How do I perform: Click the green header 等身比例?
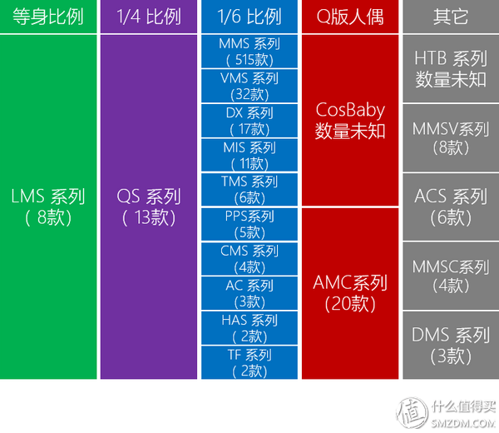[48, 17]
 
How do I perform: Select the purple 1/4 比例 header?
[149, 17]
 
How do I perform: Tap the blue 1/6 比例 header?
[249, 17]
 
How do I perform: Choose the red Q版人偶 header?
[350, 17]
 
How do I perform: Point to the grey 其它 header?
[451, 17]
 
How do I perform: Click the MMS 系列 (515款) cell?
[249, 52]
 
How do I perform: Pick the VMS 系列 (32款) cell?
[249, 86]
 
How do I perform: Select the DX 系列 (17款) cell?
[249, 121]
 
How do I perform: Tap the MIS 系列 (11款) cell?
[249, 155]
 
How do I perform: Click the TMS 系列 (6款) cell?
[249, 190]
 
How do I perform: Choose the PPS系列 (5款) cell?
[249, 224]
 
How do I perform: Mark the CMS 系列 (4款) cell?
[249, 259]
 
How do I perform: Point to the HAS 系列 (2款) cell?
[249, 328]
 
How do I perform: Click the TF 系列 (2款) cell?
[249, 363]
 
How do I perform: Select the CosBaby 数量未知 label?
[350, 121]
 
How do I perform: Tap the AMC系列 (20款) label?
[350, 293]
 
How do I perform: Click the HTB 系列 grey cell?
[451, 68]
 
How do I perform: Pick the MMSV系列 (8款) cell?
[451, 137]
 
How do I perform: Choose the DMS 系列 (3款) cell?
[451, 346]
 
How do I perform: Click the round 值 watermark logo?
[412, 413]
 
